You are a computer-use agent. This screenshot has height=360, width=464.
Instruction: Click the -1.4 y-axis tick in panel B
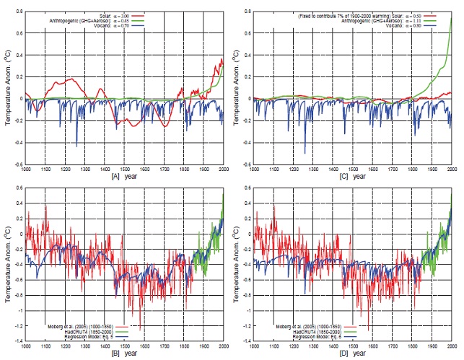17,340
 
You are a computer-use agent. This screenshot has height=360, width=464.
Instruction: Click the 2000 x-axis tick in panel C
452,170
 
